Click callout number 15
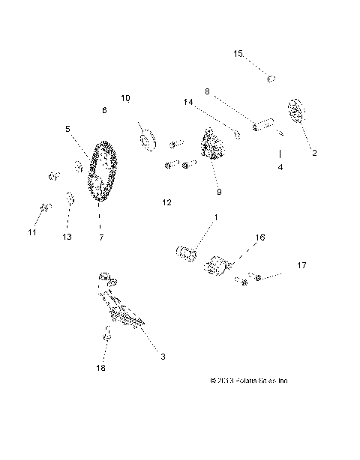click(x=238, y=54)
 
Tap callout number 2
click(x=314, y=153)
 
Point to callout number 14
click(x=187, y=102)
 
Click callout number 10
click(x=125, y=97)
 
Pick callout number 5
click(x=67, y=128)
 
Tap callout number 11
click(x=32, y=233)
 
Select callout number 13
click(x=67, y=237)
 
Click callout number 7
click(x=100, y=237)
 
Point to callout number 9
click(x=219, y=192)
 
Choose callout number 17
click(x=301, y=265)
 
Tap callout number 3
click(x=163, y=357)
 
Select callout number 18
click(x=100, y=369)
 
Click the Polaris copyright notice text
click(x=249, y=381)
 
